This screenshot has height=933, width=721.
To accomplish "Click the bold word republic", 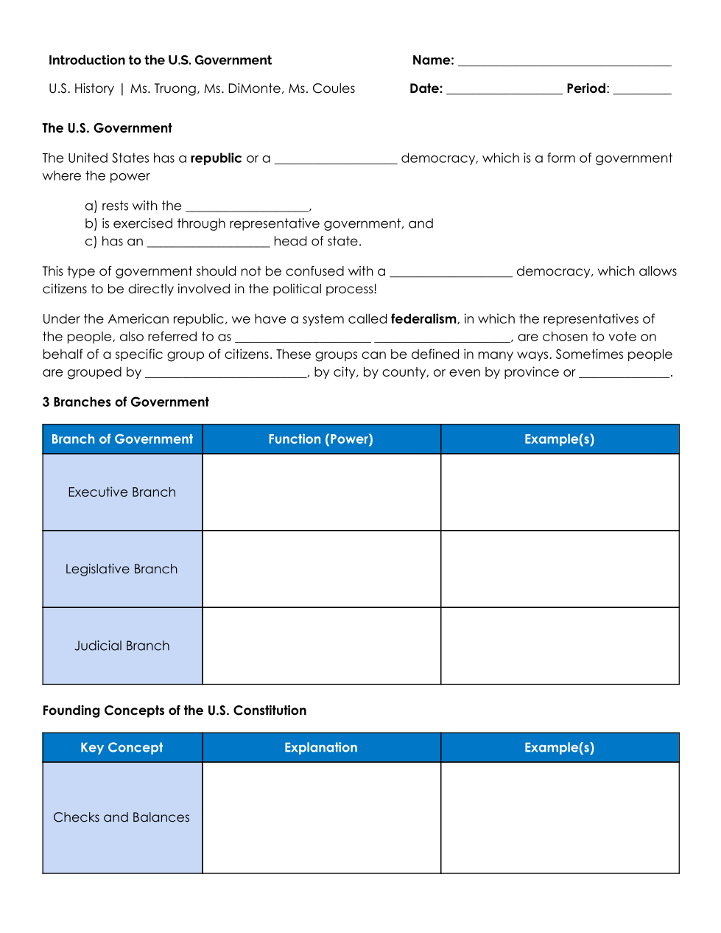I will (216, 158).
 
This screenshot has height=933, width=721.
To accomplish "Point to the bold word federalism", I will (423, 319).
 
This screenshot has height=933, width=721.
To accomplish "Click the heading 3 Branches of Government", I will (126, 402).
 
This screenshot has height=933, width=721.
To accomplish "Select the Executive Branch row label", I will (122, 492).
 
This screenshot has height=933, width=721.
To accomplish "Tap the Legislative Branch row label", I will (122, 569).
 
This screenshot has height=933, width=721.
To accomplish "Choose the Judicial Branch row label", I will (122, 646).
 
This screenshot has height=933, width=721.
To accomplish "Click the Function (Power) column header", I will (321, 439).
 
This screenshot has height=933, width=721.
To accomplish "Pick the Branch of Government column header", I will (122, 439).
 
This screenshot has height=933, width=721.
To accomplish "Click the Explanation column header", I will (321, 747).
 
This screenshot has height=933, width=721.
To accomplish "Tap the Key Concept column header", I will (122, 747).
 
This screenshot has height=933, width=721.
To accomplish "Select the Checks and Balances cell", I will (122, 817).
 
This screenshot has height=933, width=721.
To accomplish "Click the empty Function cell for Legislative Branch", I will (321, 569).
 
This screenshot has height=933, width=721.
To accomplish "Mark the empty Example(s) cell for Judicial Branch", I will (560, 646).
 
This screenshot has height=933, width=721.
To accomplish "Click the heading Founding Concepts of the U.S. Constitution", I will (175, 710).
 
